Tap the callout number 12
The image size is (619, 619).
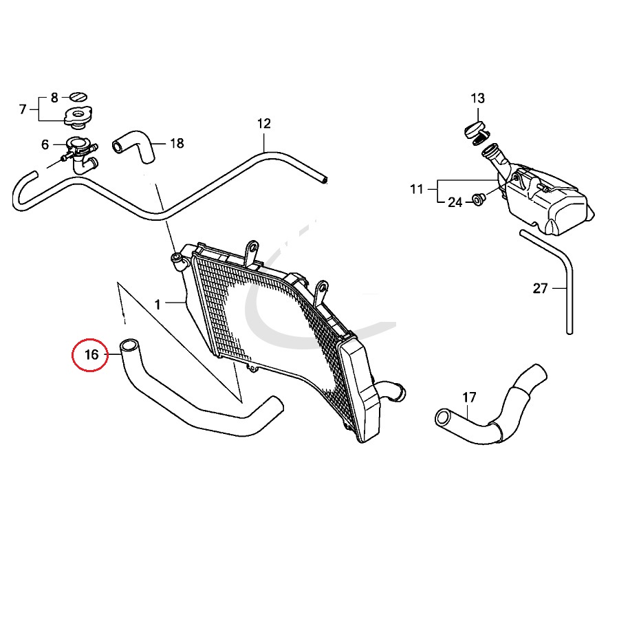coord(264,124)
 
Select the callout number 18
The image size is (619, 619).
coord(177,144)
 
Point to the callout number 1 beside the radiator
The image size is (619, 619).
coord(158,304)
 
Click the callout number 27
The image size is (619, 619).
coord(541,288)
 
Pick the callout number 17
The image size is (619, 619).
coord(469,397)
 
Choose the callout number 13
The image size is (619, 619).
coord(478,98)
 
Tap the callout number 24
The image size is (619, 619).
coord(455,202)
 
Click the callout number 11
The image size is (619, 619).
coord(417,189)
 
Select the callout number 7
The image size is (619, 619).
coord(23,109)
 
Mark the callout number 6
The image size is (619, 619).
coord(45,144)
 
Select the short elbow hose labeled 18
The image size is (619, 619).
coord(135,146)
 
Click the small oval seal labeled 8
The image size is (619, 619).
coord(79,96)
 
